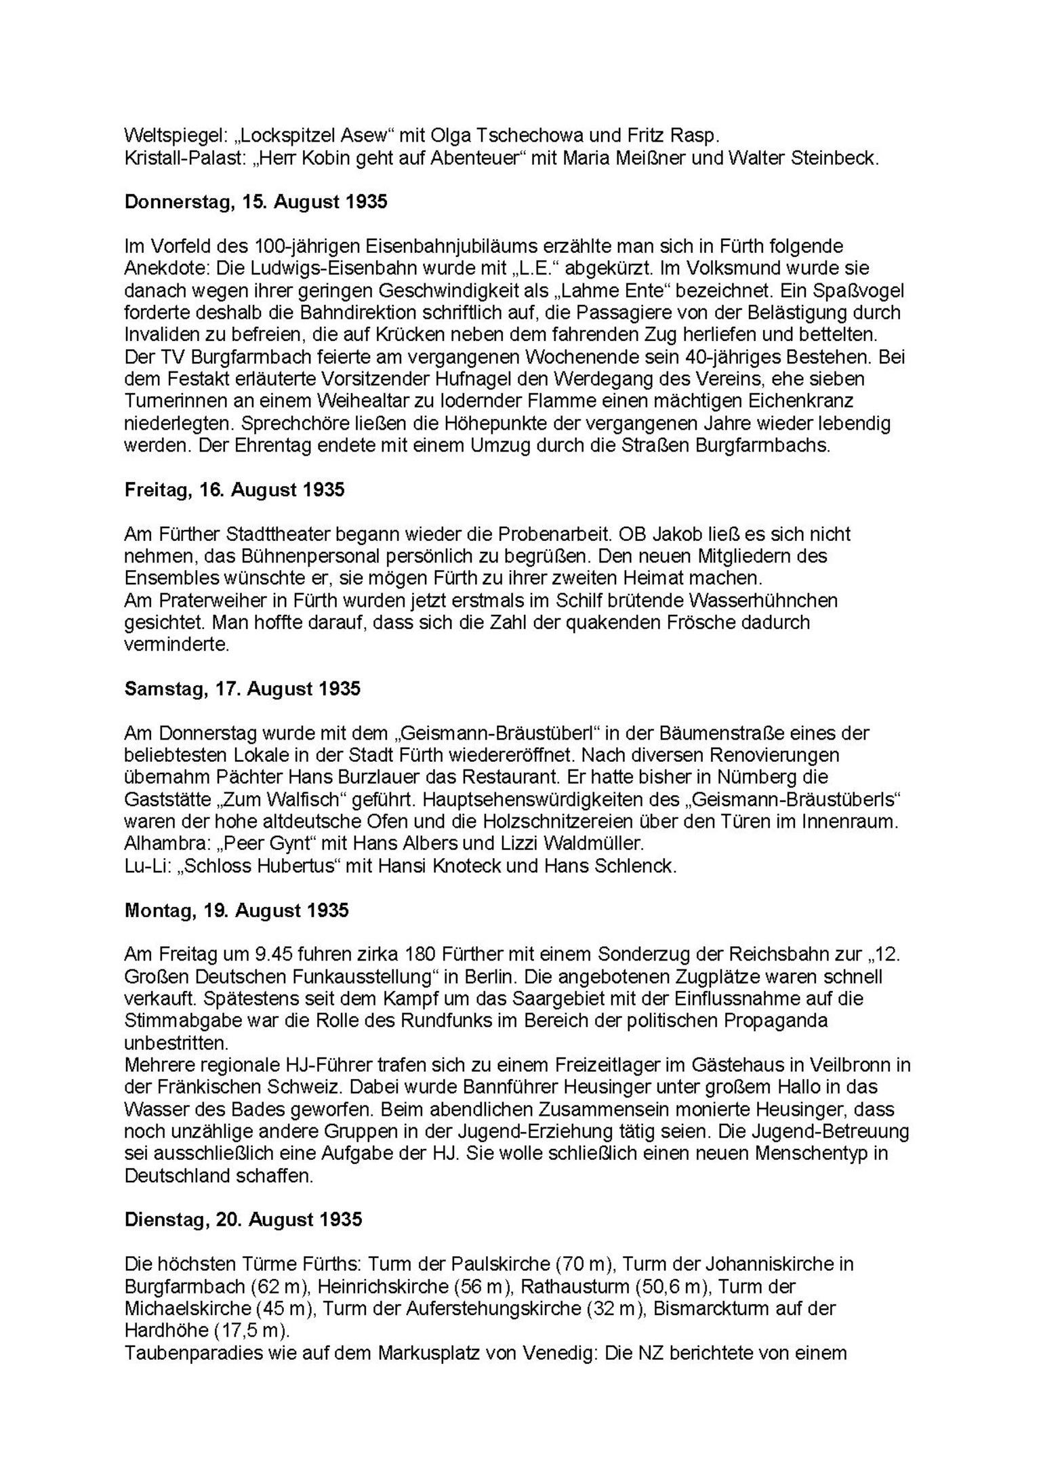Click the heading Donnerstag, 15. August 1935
click(256, 202)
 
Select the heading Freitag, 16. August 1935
click(234, 490)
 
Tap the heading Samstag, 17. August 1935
click(242, 689)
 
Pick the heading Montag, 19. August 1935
click(236, 910)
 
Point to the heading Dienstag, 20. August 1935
click(243, 1220)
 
